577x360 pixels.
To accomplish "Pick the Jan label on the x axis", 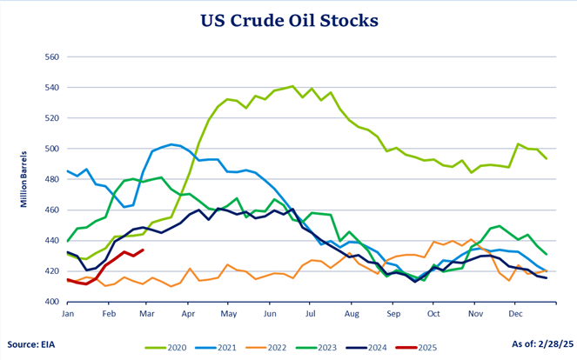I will (x=67, y=312).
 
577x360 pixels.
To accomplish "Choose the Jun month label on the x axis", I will (x=270, y=312).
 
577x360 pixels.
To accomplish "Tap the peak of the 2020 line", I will (x=292, y=86).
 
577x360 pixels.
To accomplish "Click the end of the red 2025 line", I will (x=144, y=250).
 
